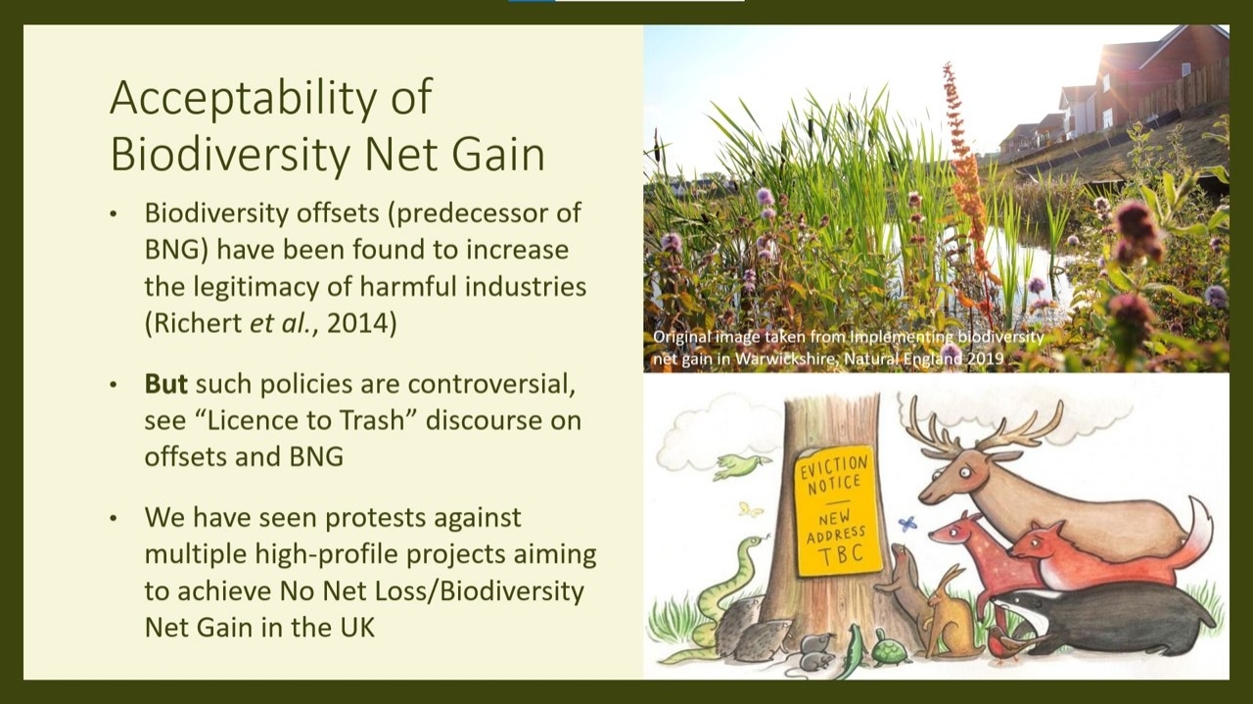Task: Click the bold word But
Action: pyautogui.click(x=166, y=384)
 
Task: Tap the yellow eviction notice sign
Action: pyautogui.click(x=837, y=510)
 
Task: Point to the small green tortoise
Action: pyautogui.click(x=890, y=650)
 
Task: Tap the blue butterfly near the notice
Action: pyautogui.click(x=907, y=524)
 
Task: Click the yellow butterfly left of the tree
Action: pyautogui.click(x=751, y=510)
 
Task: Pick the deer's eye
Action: pyautogui.click(x=965, y=473)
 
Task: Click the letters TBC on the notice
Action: pyautogui.click(x=843, y=555)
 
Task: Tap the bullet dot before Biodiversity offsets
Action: pyautogui.click(x=114, y=214)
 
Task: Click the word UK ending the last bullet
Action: pyautogui.click(x=357, y=628)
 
